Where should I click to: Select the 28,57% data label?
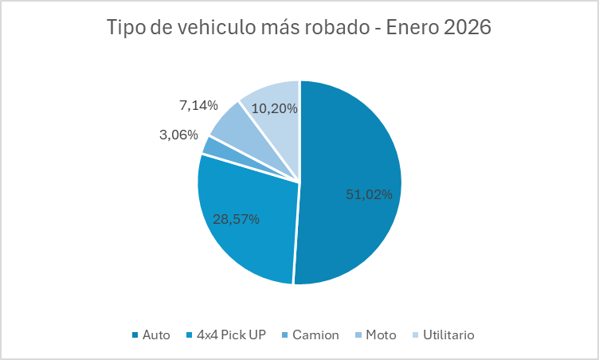pyautogui.click(x=236, y=219)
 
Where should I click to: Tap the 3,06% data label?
pyautogui.click(x=178, y=135)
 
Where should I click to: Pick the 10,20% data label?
pyautogui.click(x=275, y=108)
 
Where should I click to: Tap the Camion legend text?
pyautogui.click(x=315, y=335)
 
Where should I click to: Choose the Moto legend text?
pyautogui.click(x=381, y=335)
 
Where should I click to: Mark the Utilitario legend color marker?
pyautogui.click(x=416, y=335)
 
